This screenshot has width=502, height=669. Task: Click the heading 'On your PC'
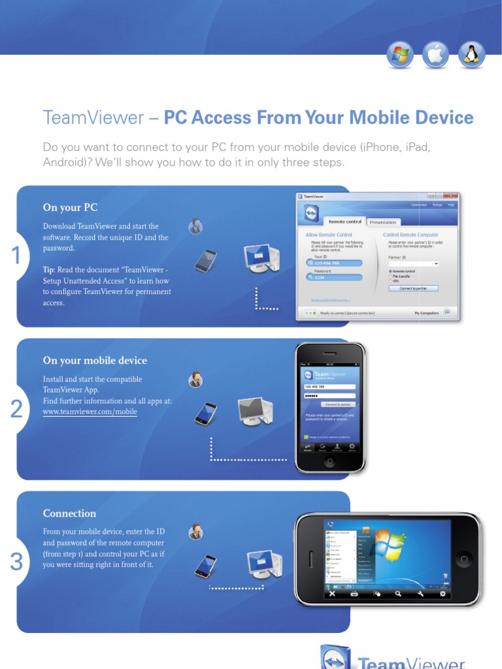70,208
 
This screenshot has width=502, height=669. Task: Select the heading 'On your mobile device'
95,361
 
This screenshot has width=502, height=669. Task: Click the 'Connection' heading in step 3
69,514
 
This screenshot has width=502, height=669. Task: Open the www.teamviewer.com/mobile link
90,412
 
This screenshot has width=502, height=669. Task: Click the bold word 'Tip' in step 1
49,270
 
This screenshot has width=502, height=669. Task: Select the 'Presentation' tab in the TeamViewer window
383,222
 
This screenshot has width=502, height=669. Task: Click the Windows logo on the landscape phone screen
390,545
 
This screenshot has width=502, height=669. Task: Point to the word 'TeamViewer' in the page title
93,118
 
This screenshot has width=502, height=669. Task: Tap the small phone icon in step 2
205,413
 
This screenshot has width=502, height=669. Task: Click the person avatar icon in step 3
195,532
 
